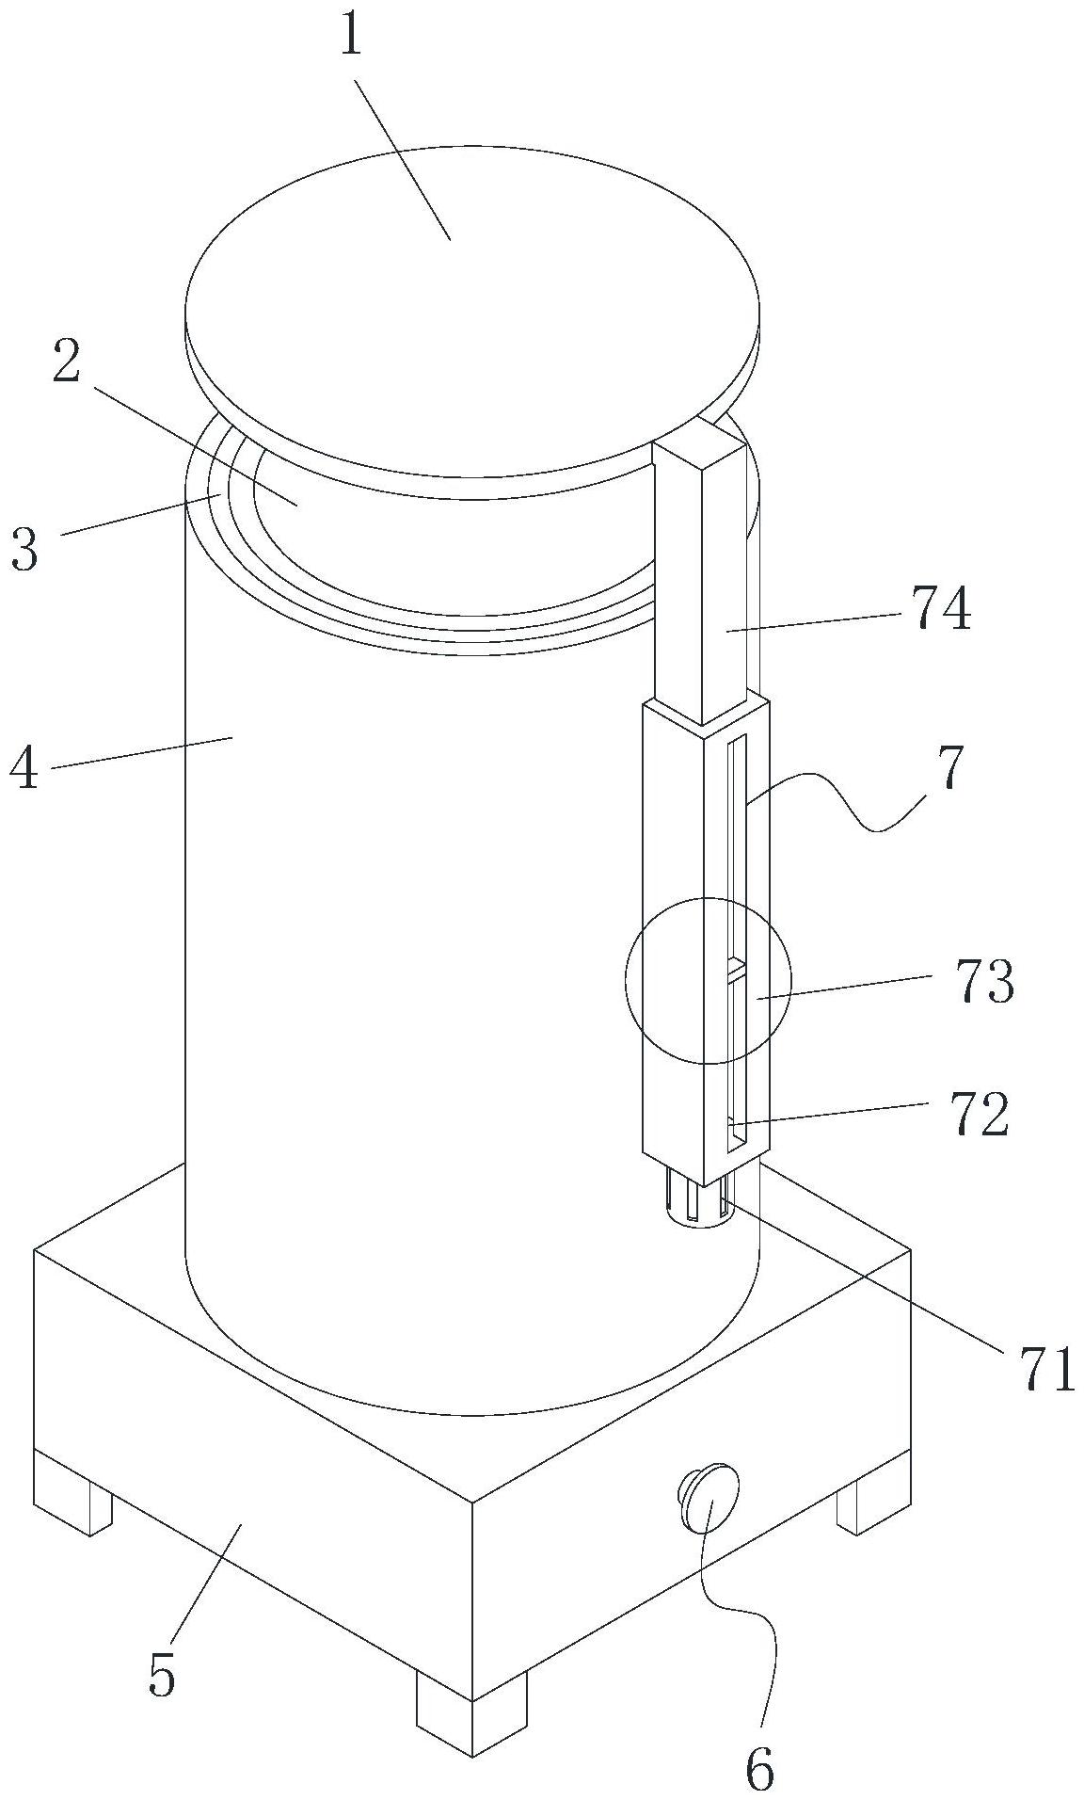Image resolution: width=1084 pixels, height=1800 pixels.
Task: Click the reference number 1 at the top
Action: point(350,38)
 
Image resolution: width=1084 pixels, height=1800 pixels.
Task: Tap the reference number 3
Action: point(25,550)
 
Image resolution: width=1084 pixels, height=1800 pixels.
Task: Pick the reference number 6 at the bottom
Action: point(759,1768)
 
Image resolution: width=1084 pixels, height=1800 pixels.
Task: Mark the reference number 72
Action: point(979,1115)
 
